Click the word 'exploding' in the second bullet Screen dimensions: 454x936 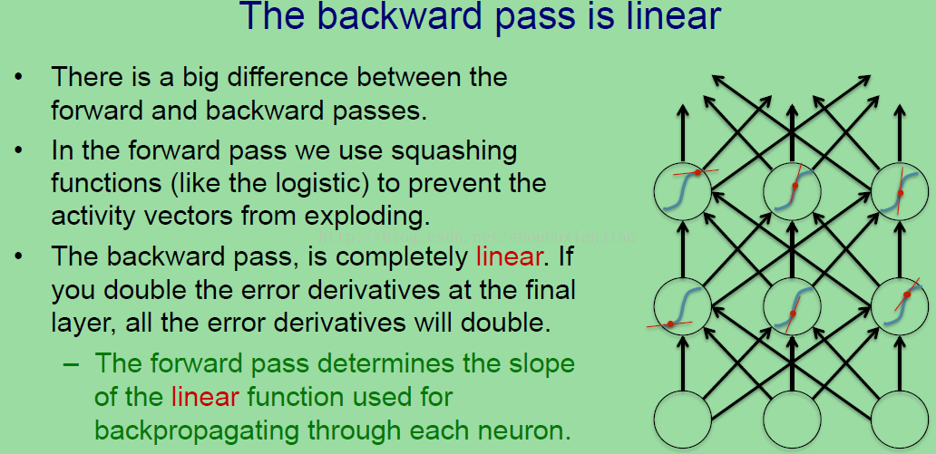coord(375,217)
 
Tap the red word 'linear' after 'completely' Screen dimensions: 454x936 coord(509,256)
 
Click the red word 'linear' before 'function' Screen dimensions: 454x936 coord(205,397)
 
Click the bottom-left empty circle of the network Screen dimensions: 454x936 coord(683,419)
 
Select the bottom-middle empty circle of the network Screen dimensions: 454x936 coord(792,419)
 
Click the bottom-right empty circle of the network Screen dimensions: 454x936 coord(900,419)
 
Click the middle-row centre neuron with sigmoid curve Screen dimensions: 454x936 coord(792,305)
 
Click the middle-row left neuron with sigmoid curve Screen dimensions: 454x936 coord(683,305)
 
